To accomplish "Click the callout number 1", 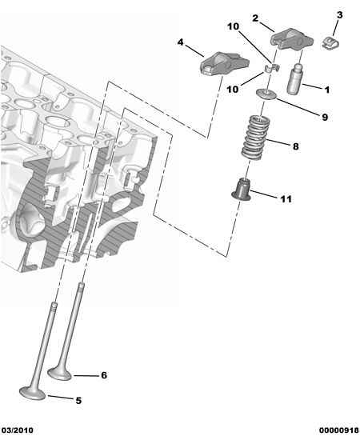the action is coord(327,90).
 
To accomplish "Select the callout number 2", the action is coord(255,18).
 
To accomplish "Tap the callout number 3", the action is coord(340,15).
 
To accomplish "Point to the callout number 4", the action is coord(181,42).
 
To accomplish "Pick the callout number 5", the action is coord(78,401).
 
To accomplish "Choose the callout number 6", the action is coord(104,375).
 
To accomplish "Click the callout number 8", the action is coord(295,146).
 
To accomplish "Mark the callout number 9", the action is coord(325,117).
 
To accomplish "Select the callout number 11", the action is coord(286,199).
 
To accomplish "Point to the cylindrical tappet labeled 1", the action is coord(294,79).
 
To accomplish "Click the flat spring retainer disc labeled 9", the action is coord(267,94).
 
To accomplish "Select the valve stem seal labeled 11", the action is coord(242,190).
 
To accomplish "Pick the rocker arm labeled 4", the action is coord(225,64).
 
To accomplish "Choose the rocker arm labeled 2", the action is coord(292,40).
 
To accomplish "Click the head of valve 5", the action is coord(32,393).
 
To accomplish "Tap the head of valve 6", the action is coord(60,374).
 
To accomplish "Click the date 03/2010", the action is coord(17,430).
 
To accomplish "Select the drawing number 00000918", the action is coord(339,430).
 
